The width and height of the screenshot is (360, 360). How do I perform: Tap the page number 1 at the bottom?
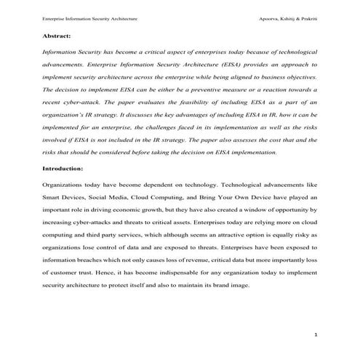pyautogui.click(x=316, y=335)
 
